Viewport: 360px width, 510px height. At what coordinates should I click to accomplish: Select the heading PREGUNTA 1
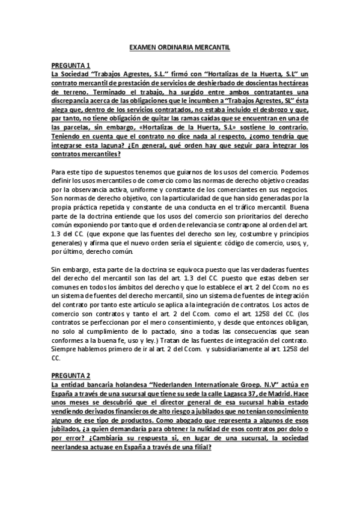[71, 64]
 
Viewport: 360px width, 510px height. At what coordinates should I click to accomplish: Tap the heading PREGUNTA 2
[71, 373]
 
